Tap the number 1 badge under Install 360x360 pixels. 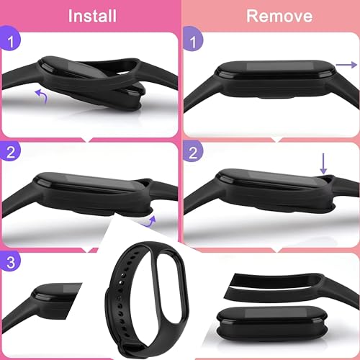[x=9, y=42]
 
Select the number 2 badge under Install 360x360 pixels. [x=9, y=152]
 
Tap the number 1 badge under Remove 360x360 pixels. [x=192, y=44]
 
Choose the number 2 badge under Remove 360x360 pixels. [x=192, y=152]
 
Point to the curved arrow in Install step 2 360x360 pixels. [x=149, y=209]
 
